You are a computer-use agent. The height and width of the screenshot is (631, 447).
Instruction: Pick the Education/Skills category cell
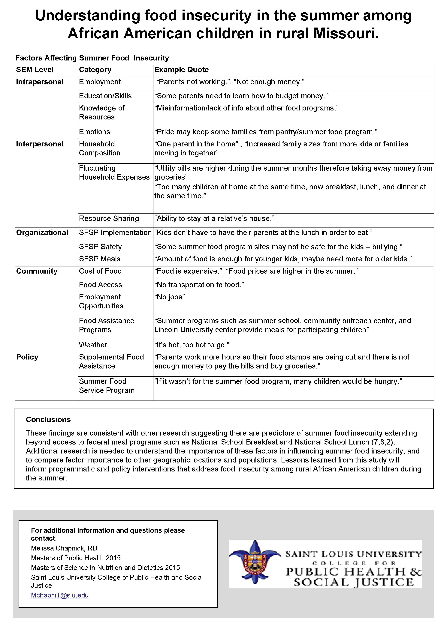[105, 96]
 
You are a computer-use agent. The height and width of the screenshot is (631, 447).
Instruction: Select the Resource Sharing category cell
[109, 219]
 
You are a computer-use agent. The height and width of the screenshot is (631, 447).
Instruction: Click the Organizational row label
[42, 233]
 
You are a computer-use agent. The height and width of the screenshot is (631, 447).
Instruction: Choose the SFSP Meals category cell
[100, 259]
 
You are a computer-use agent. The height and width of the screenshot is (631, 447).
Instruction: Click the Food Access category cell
[101, 285]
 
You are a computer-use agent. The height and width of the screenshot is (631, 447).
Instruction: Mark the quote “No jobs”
[170, 297]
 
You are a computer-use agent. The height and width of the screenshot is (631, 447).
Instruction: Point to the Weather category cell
[93, 345]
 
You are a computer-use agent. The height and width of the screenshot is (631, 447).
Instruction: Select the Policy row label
[27, 357]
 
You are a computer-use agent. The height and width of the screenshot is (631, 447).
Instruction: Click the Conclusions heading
[48, 419]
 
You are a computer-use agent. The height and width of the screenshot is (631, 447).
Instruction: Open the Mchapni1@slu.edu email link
[60, 595]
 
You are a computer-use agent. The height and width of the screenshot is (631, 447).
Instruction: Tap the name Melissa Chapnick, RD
[64, 548]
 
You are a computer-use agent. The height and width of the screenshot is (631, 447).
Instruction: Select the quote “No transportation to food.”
[199, 285]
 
